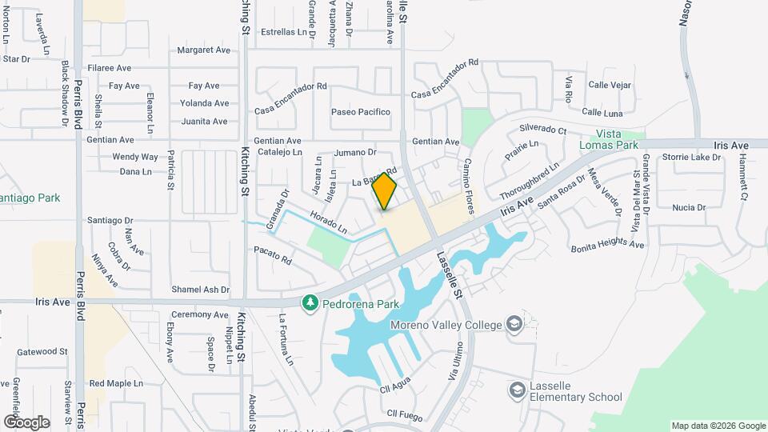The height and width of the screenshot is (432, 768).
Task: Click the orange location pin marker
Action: (x=384, y=192)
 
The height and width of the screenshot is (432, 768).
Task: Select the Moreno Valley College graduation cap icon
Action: (x=514, y=324)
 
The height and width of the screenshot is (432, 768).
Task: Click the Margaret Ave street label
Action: (x=203, y=50)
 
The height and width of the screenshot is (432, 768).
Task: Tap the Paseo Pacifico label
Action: (x=361, y=112)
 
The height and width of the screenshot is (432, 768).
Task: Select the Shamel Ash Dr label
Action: (x=200, y=290)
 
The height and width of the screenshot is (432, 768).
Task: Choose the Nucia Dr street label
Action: (x=689, y=207)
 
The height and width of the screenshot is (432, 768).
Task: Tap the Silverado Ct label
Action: (x=542, y=130)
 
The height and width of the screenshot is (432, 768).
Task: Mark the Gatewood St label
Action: (x=42, y=351)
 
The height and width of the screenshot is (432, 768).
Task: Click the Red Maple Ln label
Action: (x=116, y=383)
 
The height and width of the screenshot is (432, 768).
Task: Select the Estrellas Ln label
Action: (x=284, y=33)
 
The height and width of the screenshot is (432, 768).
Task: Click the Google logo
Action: (x=26, y=422)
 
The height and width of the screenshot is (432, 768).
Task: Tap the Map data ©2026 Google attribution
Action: (x=718, y=426)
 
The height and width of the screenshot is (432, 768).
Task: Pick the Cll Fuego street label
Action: (x=403, y=414)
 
